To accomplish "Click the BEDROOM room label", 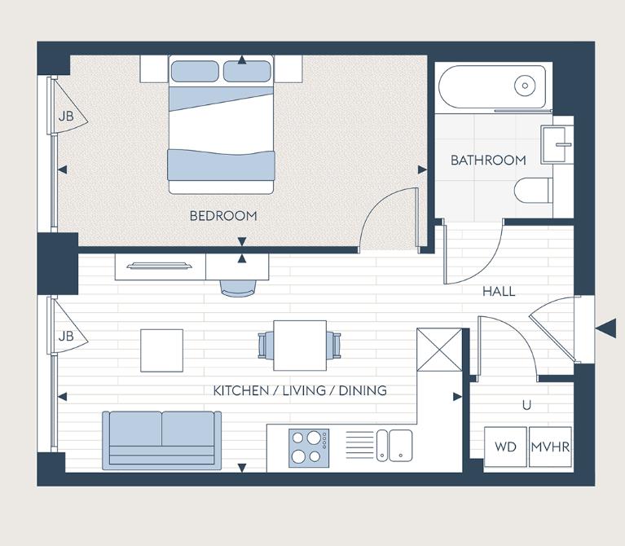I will pos(223,216).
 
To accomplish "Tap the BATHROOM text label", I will pos(488,161).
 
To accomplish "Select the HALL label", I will pos(499,291).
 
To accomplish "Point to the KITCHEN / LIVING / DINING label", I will pos(300,391).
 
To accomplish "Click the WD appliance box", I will pos(505,447).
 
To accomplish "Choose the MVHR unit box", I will pos(550,447).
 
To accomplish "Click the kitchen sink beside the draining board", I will pos(400,445).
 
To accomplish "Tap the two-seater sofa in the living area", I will pos(161,439).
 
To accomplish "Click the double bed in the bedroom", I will pos(219,125).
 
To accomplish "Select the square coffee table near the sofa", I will pos(162,350).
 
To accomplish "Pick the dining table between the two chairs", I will pos(299,346).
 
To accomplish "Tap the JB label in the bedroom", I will pos(66,117).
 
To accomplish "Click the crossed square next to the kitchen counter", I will pos(439,350).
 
